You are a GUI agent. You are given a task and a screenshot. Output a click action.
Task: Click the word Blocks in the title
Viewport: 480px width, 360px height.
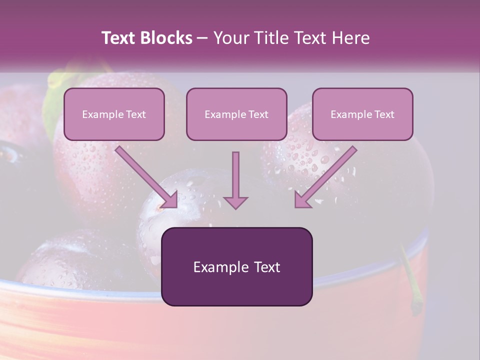(x=166, y=38)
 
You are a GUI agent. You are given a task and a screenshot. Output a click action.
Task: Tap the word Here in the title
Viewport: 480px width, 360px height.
(x=350, y=38)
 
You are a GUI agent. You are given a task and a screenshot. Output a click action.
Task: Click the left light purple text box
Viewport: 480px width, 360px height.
(x=114, y=114)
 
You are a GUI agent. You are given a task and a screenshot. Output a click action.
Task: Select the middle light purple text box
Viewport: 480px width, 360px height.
(x=236, y=114)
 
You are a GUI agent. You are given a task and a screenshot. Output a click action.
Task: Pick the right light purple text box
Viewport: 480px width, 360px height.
(x=362, y=114)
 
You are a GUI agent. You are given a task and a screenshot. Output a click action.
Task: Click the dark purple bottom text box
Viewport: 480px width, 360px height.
(x=236, y=266)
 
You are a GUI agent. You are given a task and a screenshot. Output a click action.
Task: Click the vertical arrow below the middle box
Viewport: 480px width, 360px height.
(x=235, y=179)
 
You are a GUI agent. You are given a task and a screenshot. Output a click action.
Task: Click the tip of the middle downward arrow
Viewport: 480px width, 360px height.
(x=235, y=207)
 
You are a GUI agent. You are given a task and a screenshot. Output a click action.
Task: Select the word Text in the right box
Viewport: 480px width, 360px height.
(x=383, y=114)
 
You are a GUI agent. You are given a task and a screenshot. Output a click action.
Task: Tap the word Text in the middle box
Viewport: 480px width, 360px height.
(x=257, y=114)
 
